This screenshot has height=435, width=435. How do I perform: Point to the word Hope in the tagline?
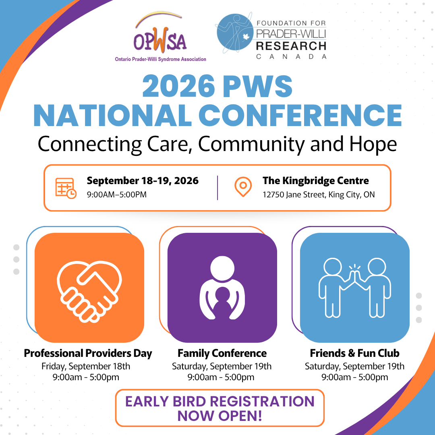point(374,144)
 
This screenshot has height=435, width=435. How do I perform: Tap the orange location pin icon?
point(242,187)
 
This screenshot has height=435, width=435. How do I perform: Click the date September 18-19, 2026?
point(143,180)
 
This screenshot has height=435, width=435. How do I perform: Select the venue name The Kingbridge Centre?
point(315,180)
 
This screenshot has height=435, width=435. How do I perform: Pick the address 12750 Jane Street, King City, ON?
point(318,195)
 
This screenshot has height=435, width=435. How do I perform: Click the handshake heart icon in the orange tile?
point(89,288)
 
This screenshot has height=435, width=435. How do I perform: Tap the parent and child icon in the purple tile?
point(222,288)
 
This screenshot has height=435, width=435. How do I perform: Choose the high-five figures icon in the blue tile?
point(354,287)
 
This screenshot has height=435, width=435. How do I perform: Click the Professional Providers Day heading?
point(88,354)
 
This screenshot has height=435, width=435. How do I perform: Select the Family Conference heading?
point(222,354)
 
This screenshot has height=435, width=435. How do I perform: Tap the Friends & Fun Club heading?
point(354,354)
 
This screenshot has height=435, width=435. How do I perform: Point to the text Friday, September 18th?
point(86,367)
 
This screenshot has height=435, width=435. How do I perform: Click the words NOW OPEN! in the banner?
point(220,416)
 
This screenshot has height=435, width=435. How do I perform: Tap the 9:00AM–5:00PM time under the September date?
point(116,195)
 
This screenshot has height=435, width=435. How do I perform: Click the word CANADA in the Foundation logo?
point(291,57)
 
